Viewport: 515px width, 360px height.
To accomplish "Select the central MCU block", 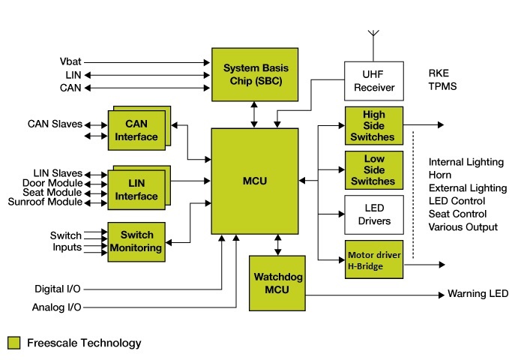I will pos(255,181).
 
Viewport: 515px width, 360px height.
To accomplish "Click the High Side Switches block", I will pos(373,126).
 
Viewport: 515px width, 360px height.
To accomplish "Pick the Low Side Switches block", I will pos(373,169).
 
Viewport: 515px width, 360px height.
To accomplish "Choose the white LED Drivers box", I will pos(373,214).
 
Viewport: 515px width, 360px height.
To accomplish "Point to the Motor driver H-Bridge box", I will pos(373,259).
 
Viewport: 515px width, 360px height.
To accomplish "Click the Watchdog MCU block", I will pos(277,283).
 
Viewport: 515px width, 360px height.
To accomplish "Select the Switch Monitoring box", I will pos(136,241).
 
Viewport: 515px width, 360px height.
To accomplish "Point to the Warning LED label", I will pos(478,293).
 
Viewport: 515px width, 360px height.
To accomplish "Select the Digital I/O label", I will pos(58,289).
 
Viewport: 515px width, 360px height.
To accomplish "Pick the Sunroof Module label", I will pos(45,202).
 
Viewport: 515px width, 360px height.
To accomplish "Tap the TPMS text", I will pos(442,86).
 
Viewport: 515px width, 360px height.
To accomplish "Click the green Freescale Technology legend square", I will pos(13,343).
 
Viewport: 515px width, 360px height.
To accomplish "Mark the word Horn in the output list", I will pos(441,175).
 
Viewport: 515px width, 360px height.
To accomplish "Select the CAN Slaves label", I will pos(55,124).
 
